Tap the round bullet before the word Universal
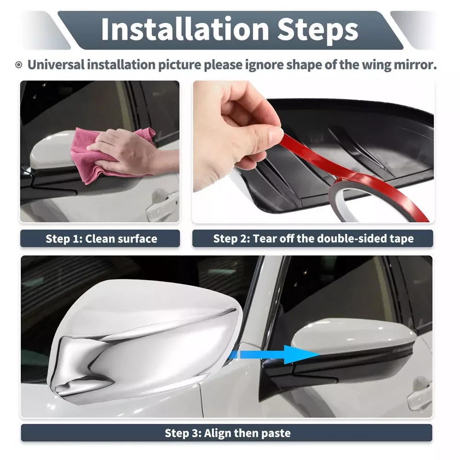click(18, 65)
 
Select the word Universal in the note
click(56, 64)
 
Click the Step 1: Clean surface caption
click(101, 239)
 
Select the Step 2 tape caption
click(313, 239)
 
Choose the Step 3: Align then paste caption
click(227, 433)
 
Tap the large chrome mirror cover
click(147, 340)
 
